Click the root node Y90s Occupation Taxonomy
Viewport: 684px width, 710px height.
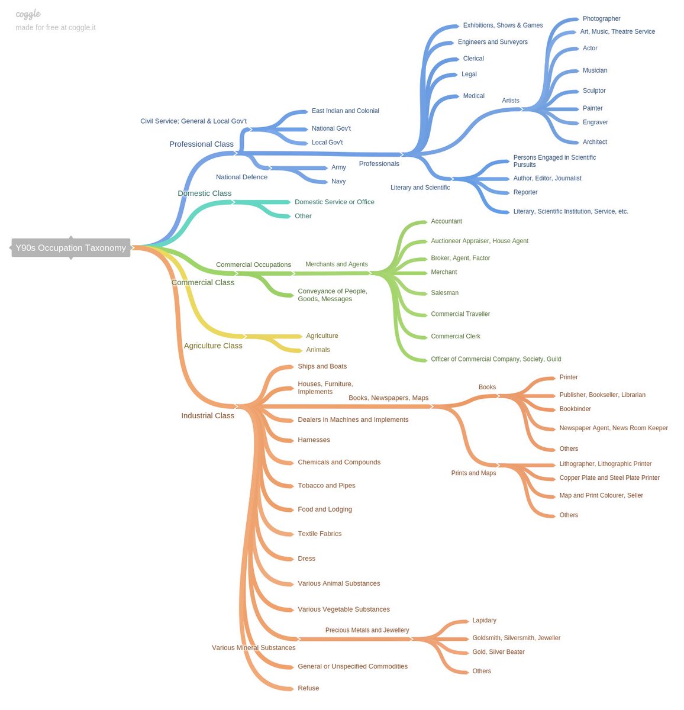coord(70,248)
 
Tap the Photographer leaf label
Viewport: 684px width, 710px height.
coord(601,19)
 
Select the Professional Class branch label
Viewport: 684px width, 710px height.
coord(201,144)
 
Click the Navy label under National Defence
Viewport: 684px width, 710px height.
coord(338,182)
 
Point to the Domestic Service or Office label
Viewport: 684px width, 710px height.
coord(334,202)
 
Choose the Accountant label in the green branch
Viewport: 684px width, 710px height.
coord(446,221)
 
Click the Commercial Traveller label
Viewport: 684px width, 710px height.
coord(460,314)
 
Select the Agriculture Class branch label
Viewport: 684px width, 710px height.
coord(213,346)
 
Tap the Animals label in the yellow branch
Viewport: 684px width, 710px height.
coord(318,350)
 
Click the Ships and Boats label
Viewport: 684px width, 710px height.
coord(322,366)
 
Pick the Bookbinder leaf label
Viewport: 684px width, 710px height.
coord(575,409)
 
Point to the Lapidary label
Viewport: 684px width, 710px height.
coord(484,621)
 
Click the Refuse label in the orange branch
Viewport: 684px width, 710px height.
coord(308,688)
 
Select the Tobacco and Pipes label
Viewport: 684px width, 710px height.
coord(327,485)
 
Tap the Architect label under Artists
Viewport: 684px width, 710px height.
coord(595,142)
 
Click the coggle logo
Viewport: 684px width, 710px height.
coord(28,14)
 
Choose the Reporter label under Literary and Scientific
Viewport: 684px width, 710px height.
coord(525,192)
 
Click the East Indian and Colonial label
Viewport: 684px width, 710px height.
coord(346,111)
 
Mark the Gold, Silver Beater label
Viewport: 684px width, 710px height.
coord(498,652)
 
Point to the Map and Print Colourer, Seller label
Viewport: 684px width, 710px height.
coord(601,496)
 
